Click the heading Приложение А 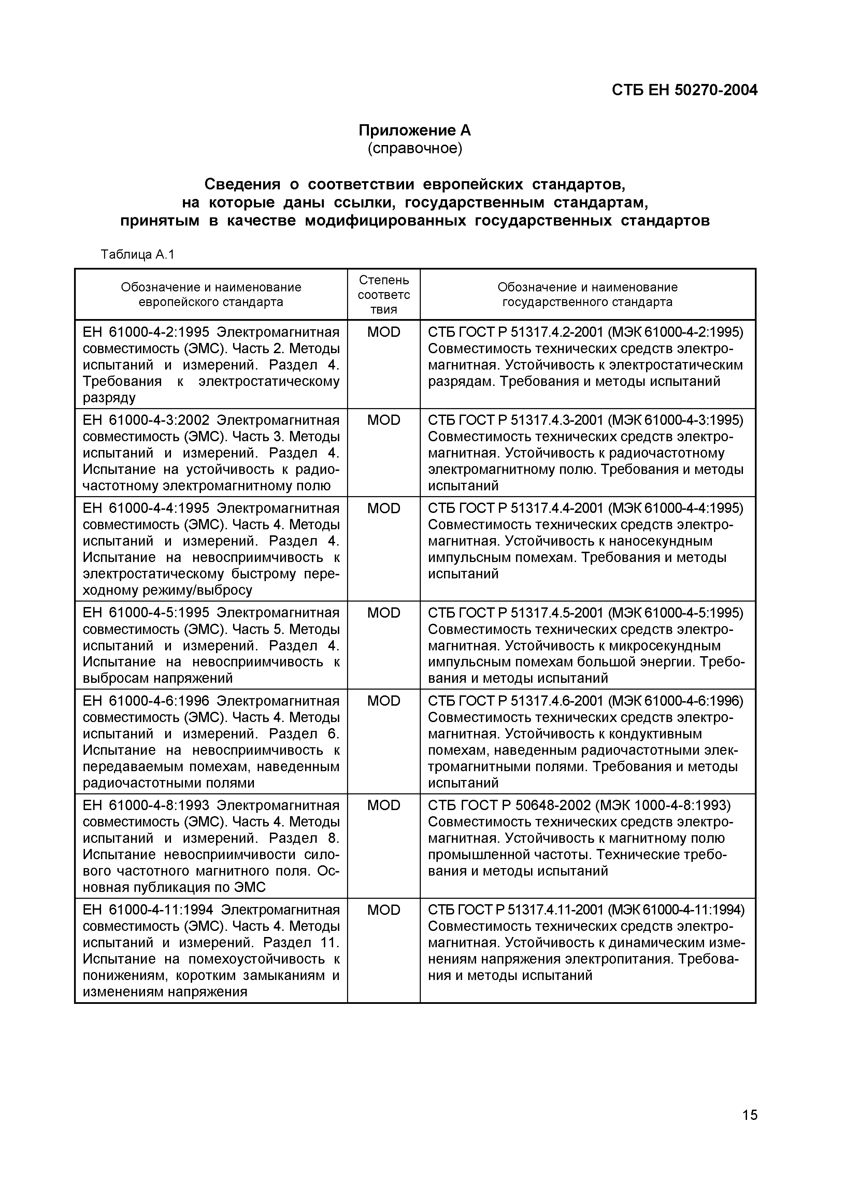coord(414,130)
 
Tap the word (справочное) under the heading coord(414,148)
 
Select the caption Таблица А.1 coord(138,255)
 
